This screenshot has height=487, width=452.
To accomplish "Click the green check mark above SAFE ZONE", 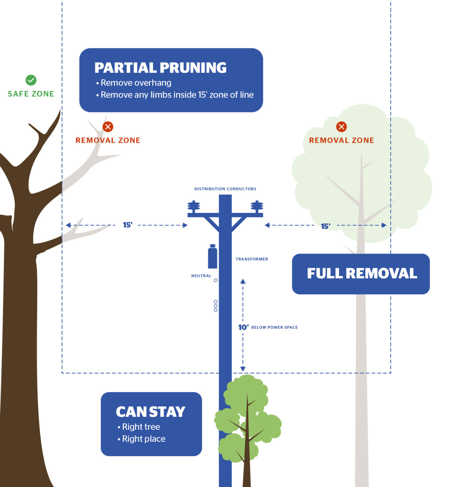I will [x=31, y=80].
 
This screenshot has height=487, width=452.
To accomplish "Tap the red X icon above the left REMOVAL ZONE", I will [x=108, y=127].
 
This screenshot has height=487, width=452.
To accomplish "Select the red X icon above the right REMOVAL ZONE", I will [x=342, y=127].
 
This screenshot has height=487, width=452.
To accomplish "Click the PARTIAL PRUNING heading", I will [x=160, y=68].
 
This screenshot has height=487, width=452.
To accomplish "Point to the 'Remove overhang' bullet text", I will [x=136, y=83].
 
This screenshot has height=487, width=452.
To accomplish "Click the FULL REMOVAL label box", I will [x=361, y=274].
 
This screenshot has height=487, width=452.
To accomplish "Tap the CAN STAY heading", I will [x=151, y=412].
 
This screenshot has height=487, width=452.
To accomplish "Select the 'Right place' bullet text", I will [x=144, y=439].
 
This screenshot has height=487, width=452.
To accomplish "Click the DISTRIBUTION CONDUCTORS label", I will [x=225, y=189].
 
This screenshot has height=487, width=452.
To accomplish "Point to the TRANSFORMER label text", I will [x=252, y=259].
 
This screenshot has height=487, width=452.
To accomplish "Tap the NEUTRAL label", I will [x=201, y=276].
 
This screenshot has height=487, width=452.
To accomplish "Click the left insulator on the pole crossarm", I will [x=194, y=207].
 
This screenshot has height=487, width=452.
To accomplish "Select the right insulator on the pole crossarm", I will [x=257, y=207].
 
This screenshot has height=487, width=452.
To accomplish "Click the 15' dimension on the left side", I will [x=128, y=225].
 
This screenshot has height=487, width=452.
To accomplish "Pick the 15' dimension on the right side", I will [x=325, y=226].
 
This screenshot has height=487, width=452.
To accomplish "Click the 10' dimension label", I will [x=243, y=327].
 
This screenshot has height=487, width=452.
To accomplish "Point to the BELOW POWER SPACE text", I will [x=275, y=327].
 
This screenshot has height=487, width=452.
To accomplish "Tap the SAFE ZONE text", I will [x=31, y=94].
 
